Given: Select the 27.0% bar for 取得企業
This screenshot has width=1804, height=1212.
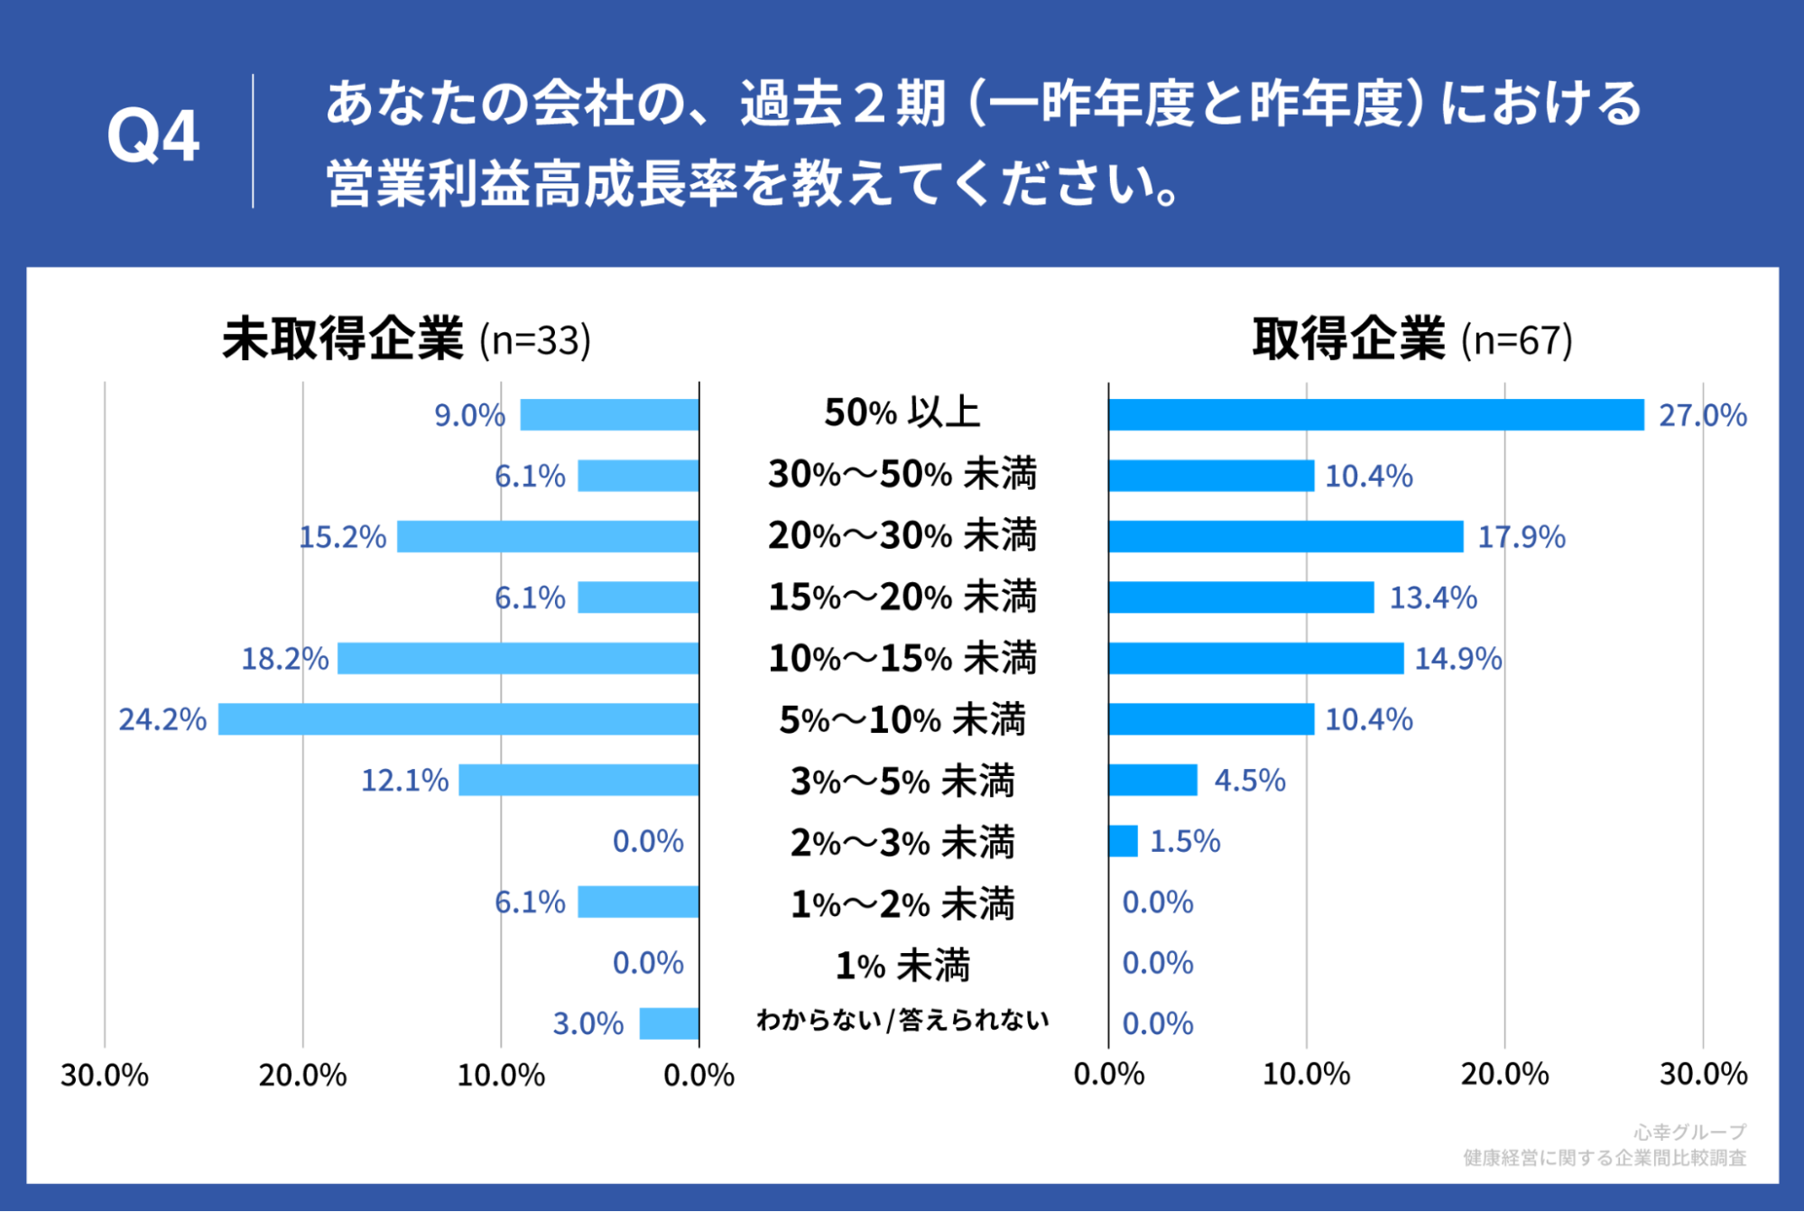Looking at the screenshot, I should click(1375, 415).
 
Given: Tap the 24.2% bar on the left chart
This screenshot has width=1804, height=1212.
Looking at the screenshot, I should click(458, 719).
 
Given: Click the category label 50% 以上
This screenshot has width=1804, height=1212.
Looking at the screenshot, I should click(902, 413).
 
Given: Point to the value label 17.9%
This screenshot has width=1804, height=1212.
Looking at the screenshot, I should click(1521, 537).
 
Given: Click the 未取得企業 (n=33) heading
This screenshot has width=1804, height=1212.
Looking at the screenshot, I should click(406, 339).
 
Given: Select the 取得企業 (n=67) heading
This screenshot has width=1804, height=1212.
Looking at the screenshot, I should click(1411, 339).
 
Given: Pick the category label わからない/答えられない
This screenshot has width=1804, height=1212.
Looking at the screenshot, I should click(902, 1021).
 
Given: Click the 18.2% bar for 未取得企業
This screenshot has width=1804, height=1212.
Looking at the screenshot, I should click(518, 659).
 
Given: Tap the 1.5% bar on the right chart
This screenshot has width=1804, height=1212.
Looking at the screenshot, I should click(1123, 841).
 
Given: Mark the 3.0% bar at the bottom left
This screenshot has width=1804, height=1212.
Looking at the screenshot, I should click(669, 1023).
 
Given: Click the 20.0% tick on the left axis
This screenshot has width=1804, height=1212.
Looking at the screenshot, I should click(302, 1075).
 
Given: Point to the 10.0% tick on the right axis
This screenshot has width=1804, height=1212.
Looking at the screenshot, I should click(1306, 1074).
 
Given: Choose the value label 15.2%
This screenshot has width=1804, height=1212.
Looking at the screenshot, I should click(342, 537).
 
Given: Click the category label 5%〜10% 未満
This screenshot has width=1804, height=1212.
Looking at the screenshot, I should click(902, 720).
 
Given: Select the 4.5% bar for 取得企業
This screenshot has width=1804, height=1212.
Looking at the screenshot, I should click(1152, 780).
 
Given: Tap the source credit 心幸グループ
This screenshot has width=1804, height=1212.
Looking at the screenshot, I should click(1689, 1132).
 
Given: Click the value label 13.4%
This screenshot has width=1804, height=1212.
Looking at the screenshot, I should click(1432, 597).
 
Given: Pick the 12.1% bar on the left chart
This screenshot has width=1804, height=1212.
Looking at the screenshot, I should click(578, 780).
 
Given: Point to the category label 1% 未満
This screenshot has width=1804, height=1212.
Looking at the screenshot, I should click(902, 966).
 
